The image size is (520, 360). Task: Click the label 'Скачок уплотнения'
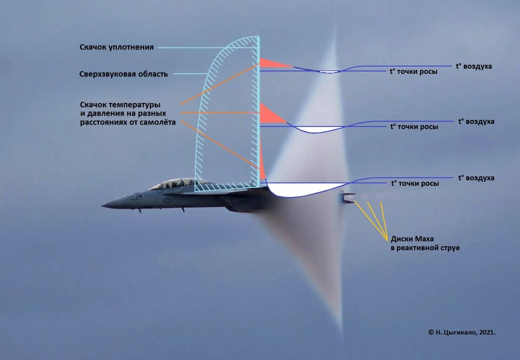116,47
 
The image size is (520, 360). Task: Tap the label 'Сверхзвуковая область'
123,74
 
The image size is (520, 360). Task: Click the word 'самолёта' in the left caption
159,122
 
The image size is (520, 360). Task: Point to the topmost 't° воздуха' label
474,66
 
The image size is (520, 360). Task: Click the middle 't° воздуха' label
476,121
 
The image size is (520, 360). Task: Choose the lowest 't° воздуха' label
476,178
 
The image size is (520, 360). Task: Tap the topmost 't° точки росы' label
413,71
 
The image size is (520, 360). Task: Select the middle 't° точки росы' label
414,127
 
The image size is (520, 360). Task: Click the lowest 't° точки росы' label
415,183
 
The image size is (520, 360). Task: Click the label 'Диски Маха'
412,239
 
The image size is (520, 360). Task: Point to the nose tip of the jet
103,205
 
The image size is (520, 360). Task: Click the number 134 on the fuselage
139,196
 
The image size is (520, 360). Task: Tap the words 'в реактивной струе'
425,248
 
